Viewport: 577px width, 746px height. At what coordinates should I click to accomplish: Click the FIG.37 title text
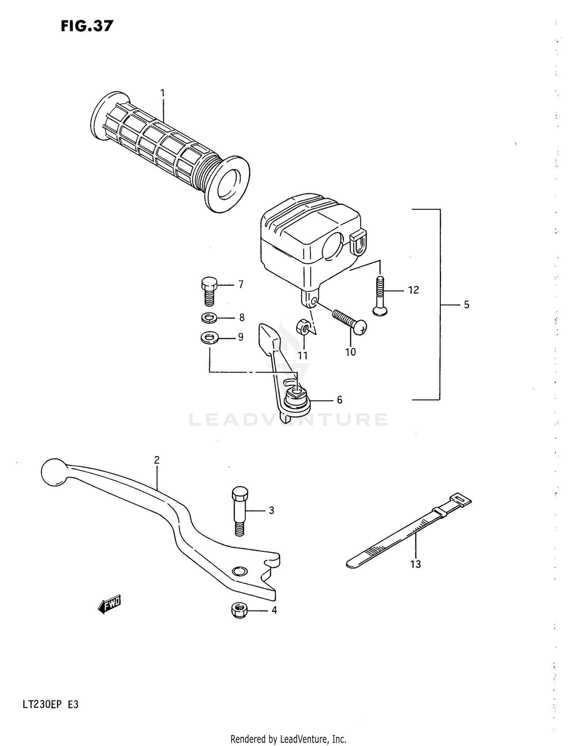87,26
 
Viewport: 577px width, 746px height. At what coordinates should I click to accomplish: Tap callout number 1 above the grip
162,93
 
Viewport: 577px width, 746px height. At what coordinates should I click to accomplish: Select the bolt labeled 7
209,291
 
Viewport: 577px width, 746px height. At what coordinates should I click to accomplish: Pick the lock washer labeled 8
209,318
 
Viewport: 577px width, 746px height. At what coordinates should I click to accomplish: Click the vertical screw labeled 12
380,296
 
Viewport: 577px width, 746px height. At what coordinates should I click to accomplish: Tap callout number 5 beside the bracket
466,305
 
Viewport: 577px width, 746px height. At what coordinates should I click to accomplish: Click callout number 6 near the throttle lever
339,400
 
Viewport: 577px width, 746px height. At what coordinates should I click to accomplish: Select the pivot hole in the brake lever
240,571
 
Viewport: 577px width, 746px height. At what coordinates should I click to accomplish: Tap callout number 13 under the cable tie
415,564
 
